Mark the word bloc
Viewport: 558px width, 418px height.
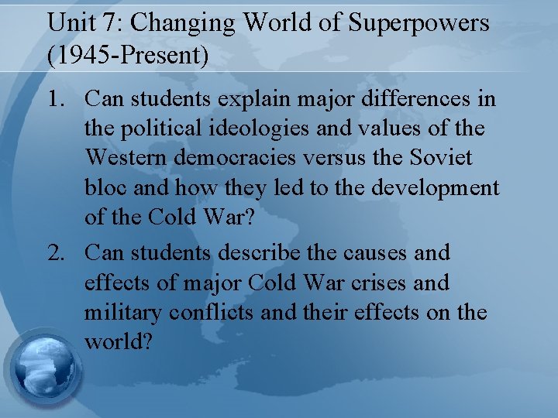coord(105,188)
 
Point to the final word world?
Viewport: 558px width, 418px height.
coord(118,342)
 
